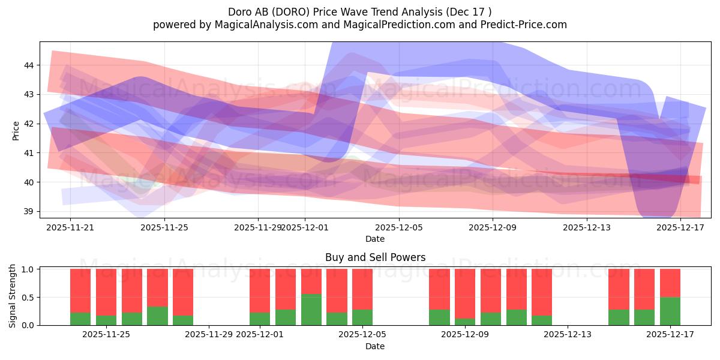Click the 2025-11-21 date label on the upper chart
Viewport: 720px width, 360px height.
click(x=70, y=227)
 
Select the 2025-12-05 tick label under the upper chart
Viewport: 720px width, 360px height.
click(x=399, y=227)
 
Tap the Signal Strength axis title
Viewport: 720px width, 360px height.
click(x=13, y=296)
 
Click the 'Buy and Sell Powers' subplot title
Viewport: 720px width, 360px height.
click(x=375, y=257)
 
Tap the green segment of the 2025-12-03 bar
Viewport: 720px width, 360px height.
click(x=311, y=310)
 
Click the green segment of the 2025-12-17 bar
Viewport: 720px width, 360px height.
click(x=670, y=311)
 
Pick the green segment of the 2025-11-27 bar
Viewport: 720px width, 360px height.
click(x=157, y=316)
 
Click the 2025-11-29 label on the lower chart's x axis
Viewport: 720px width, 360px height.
click(x=209, y=335)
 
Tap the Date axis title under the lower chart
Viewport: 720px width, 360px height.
click(x=375, y=346)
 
